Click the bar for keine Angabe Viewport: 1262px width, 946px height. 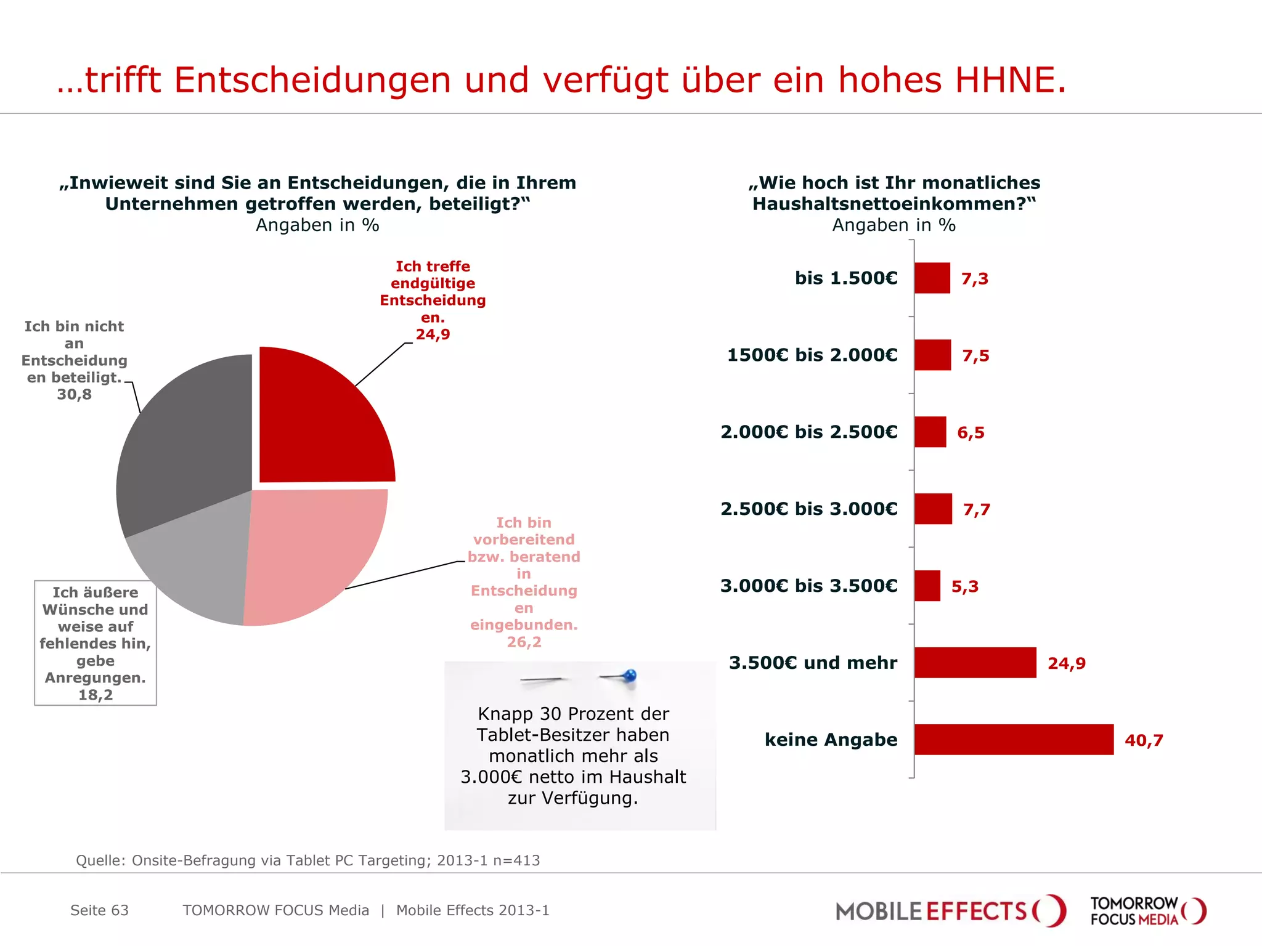1014,739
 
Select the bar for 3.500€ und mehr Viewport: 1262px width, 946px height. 975,663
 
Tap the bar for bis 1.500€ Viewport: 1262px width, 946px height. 932,278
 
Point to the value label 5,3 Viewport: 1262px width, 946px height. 964,586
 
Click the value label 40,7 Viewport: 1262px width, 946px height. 1144,740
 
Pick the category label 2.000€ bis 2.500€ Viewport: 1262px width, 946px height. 809,432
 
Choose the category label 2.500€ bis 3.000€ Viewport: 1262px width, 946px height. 809,509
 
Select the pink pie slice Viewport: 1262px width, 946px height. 308,554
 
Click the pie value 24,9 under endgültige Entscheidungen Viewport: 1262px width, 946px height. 433,334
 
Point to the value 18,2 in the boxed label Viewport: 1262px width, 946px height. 96,695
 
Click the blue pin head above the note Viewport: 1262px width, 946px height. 629,676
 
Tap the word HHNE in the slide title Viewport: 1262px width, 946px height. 1011,80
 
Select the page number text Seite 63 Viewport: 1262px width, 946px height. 99,910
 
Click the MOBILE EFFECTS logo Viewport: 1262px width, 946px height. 950,911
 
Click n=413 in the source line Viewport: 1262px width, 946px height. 516,860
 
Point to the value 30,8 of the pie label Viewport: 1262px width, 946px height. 74,394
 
